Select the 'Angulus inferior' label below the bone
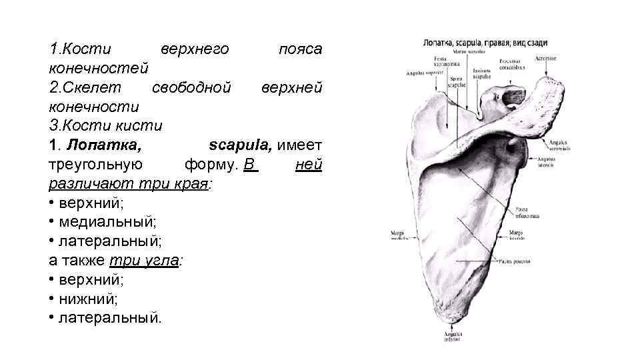click(453, 336)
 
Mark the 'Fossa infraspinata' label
click(526, 213)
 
